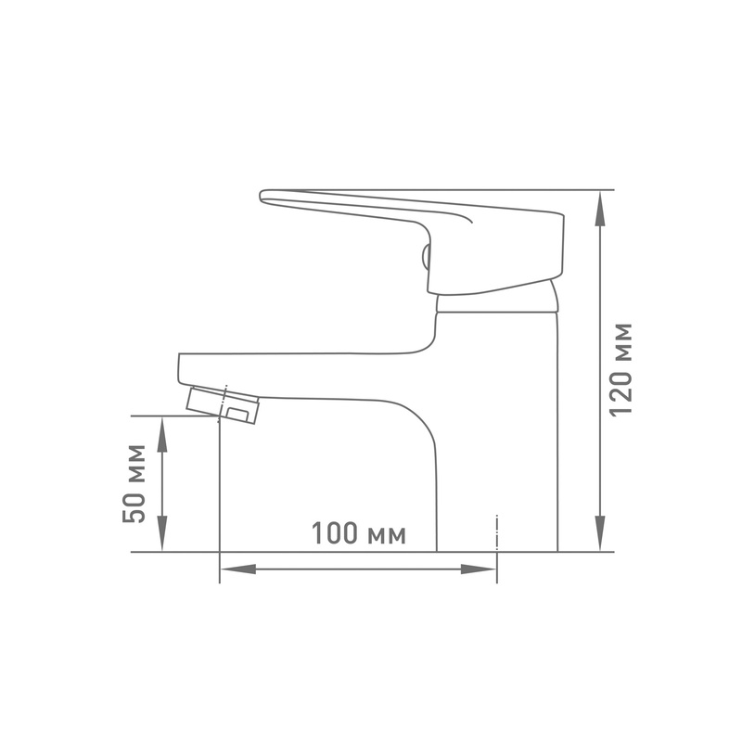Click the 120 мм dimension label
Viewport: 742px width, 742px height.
point(620,370)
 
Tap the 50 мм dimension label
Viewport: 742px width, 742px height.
point(134,483)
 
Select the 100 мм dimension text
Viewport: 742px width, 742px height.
point(359,533)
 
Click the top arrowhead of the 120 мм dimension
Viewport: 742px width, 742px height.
point(600,208)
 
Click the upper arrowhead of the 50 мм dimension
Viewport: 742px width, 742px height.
point(162,434)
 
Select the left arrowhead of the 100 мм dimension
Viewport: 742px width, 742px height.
point(238,569)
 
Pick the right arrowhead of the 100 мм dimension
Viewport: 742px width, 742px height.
point(479,569)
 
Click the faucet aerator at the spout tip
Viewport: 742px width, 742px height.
point(223,405)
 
